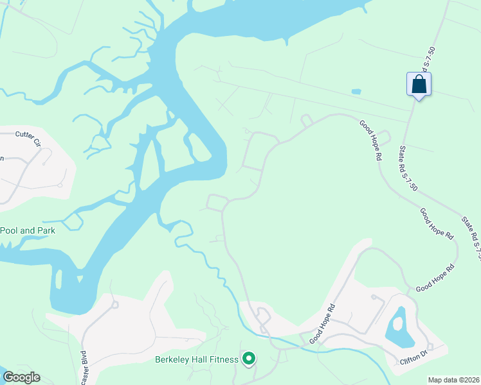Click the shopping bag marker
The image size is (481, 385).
point(419,85)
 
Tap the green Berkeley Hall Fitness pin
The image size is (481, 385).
point(248,359)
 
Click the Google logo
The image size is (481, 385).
point(21,377)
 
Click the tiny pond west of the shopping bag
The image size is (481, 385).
point(356,92)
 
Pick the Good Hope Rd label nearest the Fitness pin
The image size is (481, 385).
point(323,323)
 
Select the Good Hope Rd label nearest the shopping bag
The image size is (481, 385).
point(371,137)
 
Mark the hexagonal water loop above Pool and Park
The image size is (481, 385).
point(71,222)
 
